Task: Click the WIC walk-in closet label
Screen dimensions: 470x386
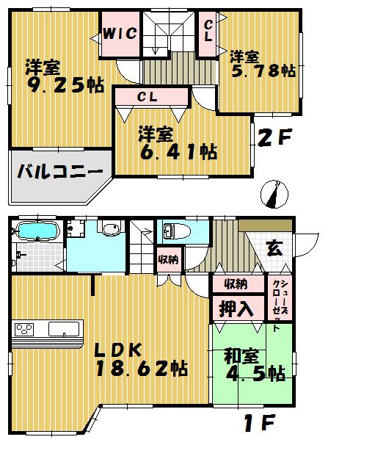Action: (x=117, y=33)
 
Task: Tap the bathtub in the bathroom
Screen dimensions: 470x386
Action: (x=36, y=232)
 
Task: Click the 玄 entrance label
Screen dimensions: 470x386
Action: (x=274, y=247)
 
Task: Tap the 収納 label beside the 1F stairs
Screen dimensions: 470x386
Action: (x=167, y=258)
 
